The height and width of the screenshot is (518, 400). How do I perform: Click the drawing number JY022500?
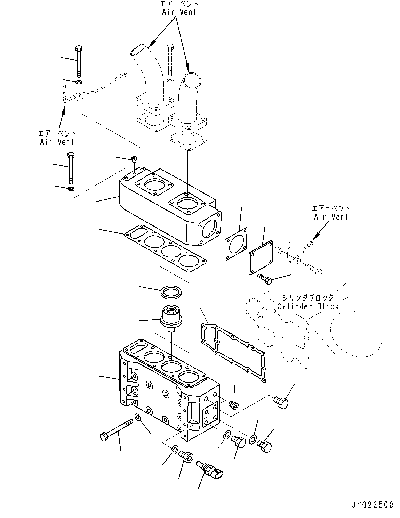[x=371, y=504]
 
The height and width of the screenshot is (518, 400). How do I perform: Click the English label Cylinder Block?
[x=308, y=306]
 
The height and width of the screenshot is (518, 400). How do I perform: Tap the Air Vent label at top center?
[x=179, y=12]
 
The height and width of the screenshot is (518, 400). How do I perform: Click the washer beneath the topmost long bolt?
[x=79, y=83]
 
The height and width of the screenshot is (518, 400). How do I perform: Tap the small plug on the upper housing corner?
[x=134, y=159]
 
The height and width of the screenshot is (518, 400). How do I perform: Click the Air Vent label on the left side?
[x=57, y=141]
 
